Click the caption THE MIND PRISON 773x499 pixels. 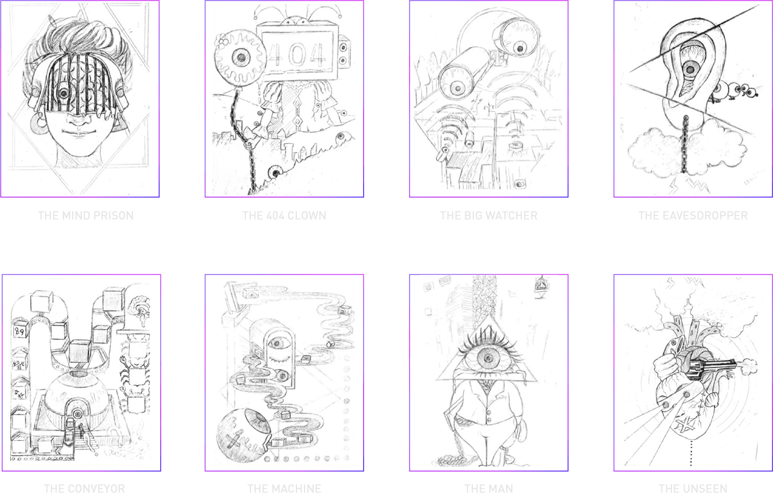coord(86,216)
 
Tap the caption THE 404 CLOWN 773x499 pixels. coord(284,216)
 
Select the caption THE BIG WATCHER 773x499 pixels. coord(489,216)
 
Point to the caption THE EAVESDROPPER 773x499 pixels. coord(693,216)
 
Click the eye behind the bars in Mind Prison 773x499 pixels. coord(63,94)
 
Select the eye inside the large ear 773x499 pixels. coord(690,69)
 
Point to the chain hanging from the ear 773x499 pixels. coord(684,144)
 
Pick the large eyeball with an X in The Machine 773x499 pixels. coord(243,435)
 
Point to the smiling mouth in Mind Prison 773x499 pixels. coord(79,132)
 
